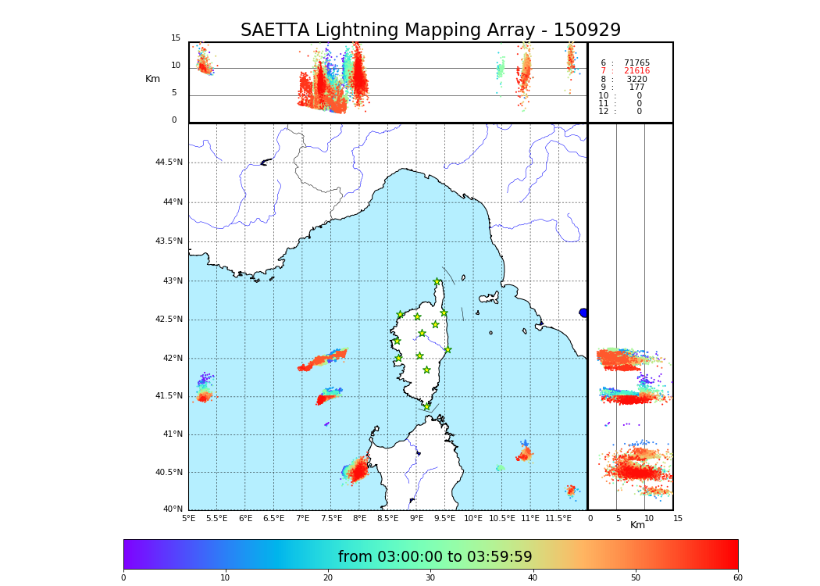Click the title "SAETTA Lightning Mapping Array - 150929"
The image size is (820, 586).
(x=430, y=30)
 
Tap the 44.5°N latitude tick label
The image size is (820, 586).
(x=169, y=163)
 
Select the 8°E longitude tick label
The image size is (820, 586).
(x=360, y=518)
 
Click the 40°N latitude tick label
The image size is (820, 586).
(x=171, y=509)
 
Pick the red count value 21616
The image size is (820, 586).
(x=636, y=71)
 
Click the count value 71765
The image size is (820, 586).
(x=636, y=63)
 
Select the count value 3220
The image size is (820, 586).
(x=636, y=79)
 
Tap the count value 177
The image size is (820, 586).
(x=637, y=88)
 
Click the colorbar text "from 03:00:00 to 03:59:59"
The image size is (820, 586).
(x=435, y=557)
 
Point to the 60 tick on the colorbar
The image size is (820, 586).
(x=737, y=578)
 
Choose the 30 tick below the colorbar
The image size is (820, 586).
(x=430, y=578)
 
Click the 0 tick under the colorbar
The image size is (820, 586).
(x=123, y=578)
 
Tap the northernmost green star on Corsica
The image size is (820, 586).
(x=437, y=282)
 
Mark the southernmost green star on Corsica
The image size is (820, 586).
(x=426, y=406)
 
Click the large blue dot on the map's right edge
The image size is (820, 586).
(x=583, y=313)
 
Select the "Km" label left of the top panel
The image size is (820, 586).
(x=152, y=79)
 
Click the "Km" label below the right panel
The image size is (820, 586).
(x=637, y=525)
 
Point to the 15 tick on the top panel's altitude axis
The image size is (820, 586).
(x=176, y=38)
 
